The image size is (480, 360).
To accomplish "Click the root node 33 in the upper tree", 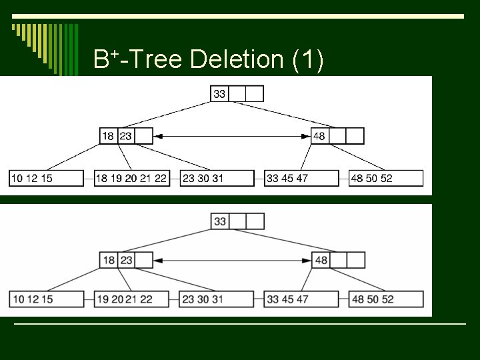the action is [219, 94].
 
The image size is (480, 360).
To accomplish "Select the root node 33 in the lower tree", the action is [221, 221].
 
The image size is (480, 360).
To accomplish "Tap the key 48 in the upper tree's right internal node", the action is [319, 136].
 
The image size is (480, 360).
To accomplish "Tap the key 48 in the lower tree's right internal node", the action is [321, 260].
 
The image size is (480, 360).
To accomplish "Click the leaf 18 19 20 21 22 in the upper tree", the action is [131, 178].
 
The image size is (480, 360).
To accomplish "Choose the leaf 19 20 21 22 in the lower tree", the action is [131, 299].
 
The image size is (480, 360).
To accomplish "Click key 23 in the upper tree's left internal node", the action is [126, 136].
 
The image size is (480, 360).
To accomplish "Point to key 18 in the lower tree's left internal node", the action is [109, 260].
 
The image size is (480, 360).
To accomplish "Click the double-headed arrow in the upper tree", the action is [232, 136].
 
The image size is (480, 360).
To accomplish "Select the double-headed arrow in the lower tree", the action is [232, 260].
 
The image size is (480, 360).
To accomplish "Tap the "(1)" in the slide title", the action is [309, 60].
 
